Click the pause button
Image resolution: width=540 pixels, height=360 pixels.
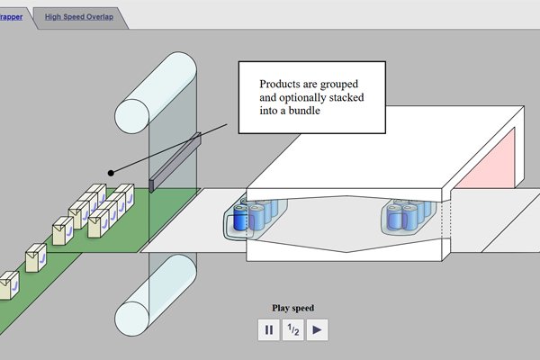[269, 330]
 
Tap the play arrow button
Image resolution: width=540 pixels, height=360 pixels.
[317, 330]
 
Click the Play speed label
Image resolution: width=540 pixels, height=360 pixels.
[293, 308]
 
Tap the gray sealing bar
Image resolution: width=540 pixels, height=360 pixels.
[175, 163]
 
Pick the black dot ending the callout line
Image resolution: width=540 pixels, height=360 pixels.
[111, 172]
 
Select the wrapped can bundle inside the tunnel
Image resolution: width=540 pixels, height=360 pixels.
[405, 216]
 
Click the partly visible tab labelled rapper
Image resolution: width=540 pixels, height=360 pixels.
[12, 17]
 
